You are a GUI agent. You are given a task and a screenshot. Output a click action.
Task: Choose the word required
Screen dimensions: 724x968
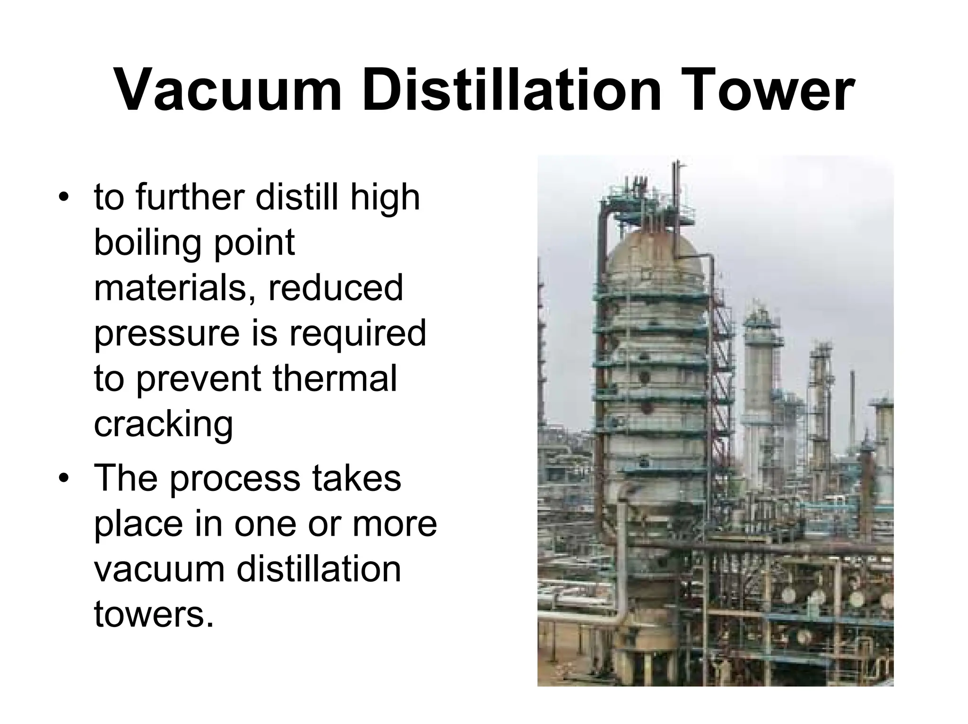357,333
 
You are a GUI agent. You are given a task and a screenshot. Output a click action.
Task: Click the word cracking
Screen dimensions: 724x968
163,425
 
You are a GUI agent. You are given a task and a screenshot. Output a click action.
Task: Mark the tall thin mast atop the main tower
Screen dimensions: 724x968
678,189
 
